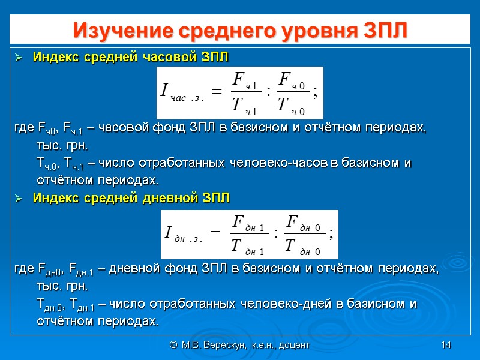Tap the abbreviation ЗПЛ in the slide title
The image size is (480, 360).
coord(383,29)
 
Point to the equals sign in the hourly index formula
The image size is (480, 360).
coord(217,92)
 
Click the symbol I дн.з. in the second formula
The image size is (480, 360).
coord(182,235)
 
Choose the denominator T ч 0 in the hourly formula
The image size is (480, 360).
coord(291,106)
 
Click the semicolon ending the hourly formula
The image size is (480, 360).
coord(316,92)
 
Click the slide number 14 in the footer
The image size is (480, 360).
coord(446,345)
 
